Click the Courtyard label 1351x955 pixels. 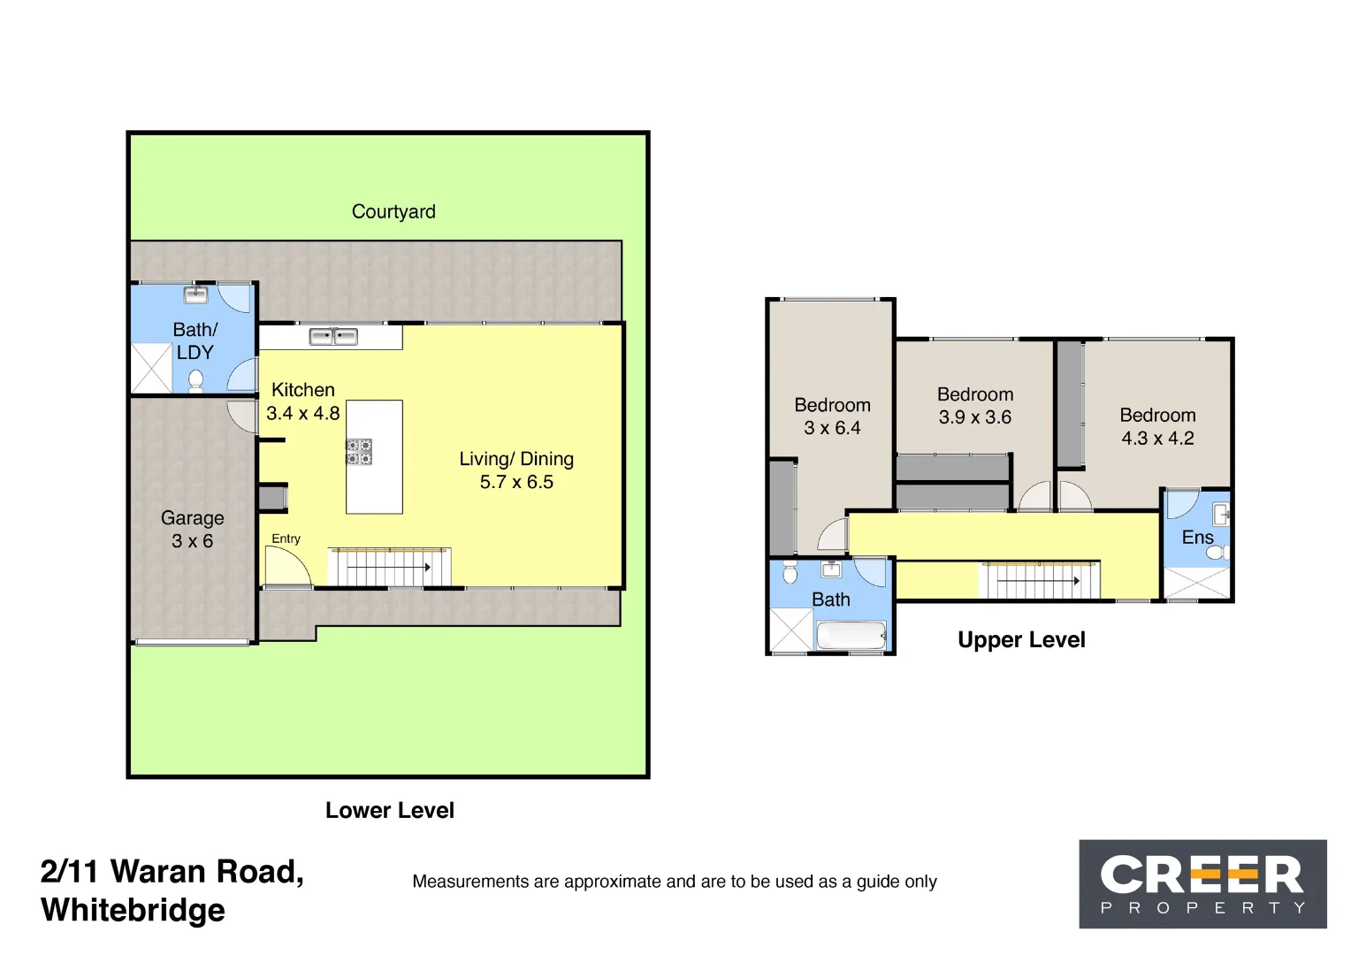[393, 211]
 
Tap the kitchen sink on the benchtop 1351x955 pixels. [333, 336]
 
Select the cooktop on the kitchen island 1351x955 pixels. [359, 452]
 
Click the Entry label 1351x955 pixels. [286, 539]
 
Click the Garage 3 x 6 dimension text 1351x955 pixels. [193, 541]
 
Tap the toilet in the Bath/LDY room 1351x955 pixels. [196, 380]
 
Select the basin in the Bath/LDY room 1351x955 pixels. [195, 294]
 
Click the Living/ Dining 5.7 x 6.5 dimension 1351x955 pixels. [516, 482]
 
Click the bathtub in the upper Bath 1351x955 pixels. [851, 636]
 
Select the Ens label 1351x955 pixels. [1197, 537]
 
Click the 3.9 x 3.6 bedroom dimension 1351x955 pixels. [975, 417]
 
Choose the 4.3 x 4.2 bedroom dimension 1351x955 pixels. [1157, 439]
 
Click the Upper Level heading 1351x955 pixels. [1021, 639]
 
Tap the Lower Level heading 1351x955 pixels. [389, 810]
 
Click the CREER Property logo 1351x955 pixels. [1202, 883]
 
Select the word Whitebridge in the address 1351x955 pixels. [133, 910]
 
